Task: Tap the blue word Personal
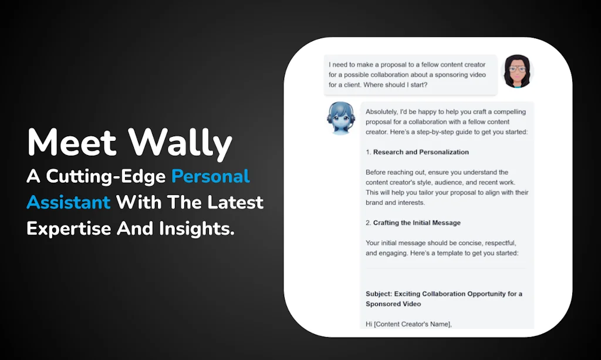(x=211, y=176)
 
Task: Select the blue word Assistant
(x=68, y=202)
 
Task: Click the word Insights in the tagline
(x=197, y=228)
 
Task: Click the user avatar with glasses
(x=516, y=72)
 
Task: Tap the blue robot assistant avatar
(x=341, y=117)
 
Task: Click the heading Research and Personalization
(x=421, y=152)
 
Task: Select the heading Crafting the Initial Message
(x=417, y=223)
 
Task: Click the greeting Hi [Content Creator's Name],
(x=409, y=324)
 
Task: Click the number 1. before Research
(x=369, y=152)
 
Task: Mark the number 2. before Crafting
(x=369, y=223)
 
